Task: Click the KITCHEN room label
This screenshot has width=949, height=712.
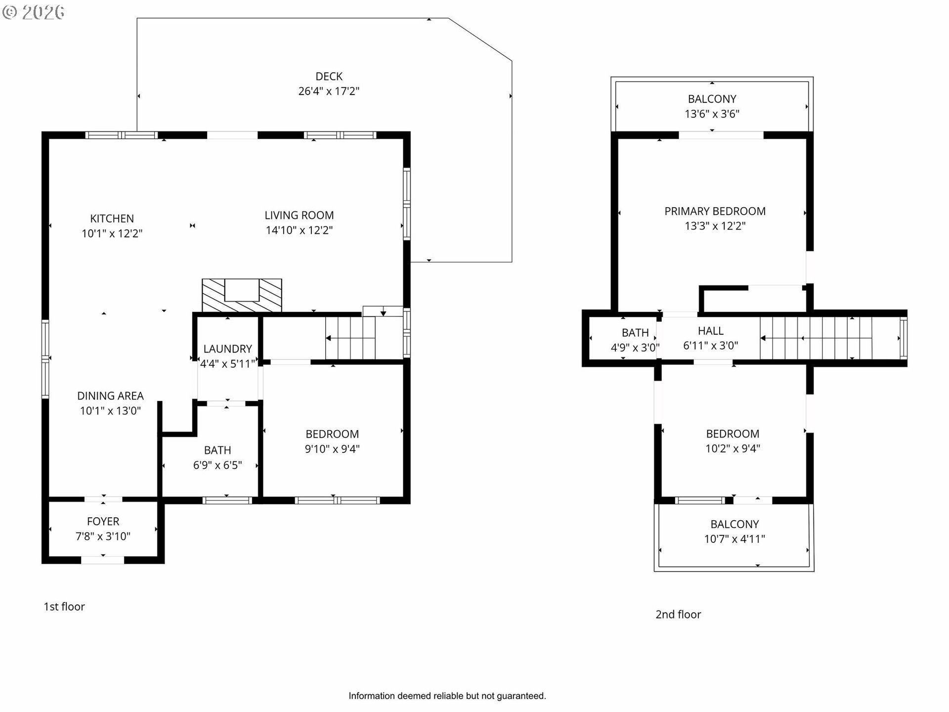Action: pos(112,219)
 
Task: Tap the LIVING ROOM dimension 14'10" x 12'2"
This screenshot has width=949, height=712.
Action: pos(299,230)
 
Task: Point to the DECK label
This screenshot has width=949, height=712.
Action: pos(329,77)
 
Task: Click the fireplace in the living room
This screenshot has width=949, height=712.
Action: pos(242,295)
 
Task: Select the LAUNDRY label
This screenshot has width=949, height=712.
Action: pos(227,349)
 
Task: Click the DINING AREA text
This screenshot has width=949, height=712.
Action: pos(110,396)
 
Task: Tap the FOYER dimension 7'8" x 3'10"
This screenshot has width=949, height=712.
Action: pos(103,536)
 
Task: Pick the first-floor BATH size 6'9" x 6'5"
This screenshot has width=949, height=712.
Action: pos(217,465)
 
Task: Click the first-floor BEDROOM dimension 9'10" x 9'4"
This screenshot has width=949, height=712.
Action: pos(332,449)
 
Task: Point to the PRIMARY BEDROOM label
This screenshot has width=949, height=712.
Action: pos(715,211)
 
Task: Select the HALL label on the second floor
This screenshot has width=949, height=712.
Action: pos(711,331)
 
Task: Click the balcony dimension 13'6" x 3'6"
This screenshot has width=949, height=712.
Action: pos(712,114)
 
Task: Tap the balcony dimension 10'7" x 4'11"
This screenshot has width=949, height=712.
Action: pos(734,539)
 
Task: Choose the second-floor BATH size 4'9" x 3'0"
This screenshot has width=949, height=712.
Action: pos(635,348)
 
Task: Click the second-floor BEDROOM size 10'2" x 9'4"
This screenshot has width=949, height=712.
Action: pos(733,448)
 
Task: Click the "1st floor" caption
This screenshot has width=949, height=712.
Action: pos(64,607)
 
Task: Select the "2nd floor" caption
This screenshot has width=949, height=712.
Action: pos(678,615)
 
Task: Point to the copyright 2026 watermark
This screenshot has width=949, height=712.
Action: pos(33,12)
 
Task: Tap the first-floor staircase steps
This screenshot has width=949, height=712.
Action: pos(350,338)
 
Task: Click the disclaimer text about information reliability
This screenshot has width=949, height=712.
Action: pos(447,696)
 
